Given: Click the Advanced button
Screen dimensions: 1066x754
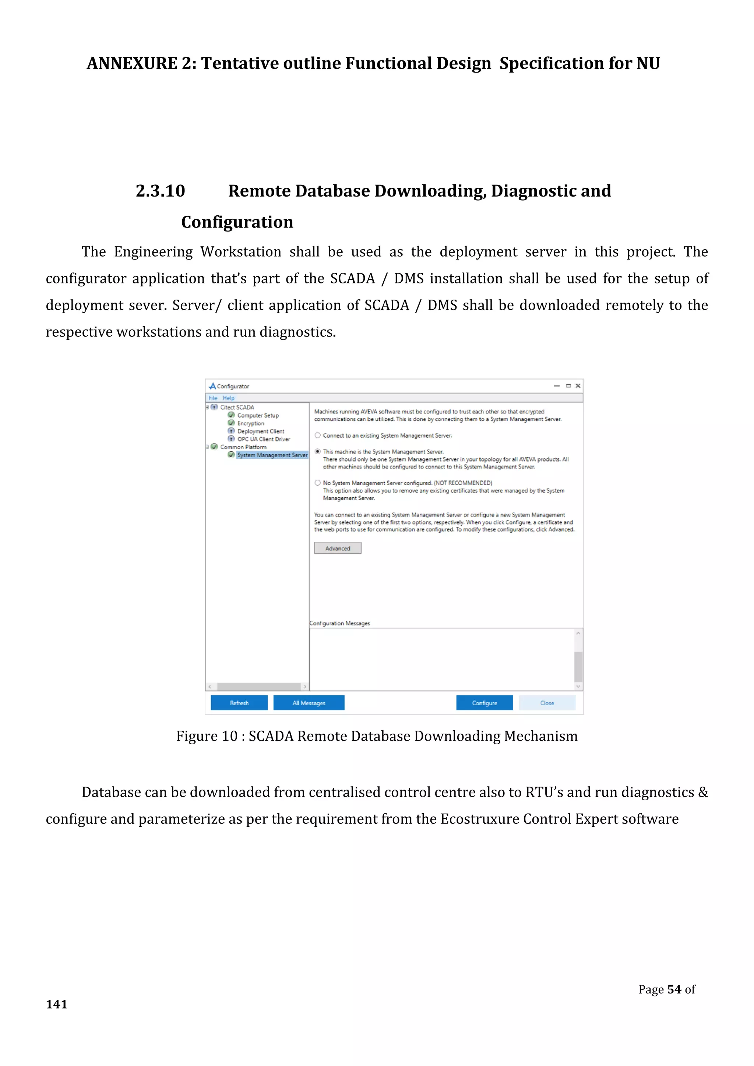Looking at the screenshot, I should (x=338, y=548).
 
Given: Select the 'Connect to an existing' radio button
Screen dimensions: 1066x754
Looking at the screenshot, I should (x=318, y=435).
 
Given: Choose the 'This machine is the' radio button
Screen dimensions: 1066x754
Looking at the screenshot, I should (x=318, y=451).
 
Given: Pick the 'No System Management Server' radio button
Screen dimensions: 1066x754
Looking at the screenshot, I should (x=318, y=483).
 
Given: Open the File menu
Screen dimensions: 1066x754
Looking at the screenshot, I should (x=213, y=398).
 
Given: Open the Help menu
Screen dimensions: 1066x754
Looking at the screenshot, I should (x=228, y=398).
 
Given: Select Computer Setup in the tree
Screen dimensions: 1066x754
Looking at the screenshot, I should (x=258, y=416).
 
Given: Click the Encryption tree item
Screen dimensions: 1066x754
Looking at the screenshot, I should (x=251, y=423).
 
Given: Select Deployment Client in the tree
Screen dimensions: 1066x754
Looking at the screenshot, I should (x=260, y=431).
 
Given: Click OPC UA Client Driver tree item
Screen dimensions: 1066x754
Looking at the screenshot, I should (x=264, y=439).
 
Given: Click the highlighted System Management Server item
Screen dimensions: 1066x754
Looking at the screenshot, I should (x=272, y=455).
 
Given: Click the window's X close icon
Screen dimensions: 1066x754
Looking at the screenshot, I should (x=578, y=386).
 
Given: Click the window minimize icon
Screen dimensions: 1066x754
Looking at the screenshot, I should (x=556, y=386).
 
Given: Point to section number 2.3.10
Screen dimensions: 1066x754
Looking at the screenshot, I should (x=160, y=191).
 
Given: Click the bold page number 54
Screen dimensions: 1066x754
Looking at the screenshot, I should (x=674, y=989).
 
